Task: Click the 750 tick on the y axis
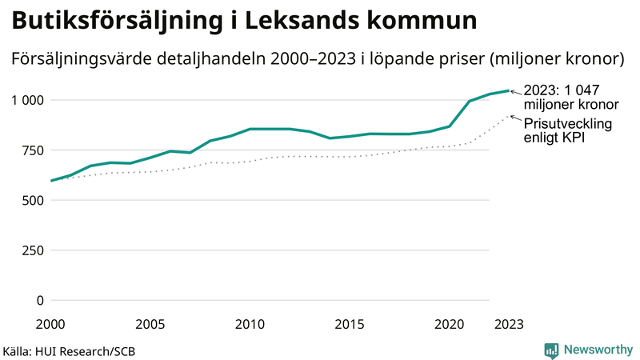coord(32,150)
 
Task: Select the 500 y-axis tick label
coord(32,201)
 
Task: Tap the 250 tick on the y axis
coord(32,250)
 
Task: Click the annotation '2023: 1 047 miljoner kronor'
coord(570,97)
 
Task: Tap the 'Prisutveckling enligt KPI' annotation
coord(567,131)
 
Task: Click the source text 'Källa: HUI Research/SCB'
coord(64,351)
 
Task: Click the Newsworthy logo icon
coord(551,350)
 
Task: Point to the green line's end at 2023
coord(509,90)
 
